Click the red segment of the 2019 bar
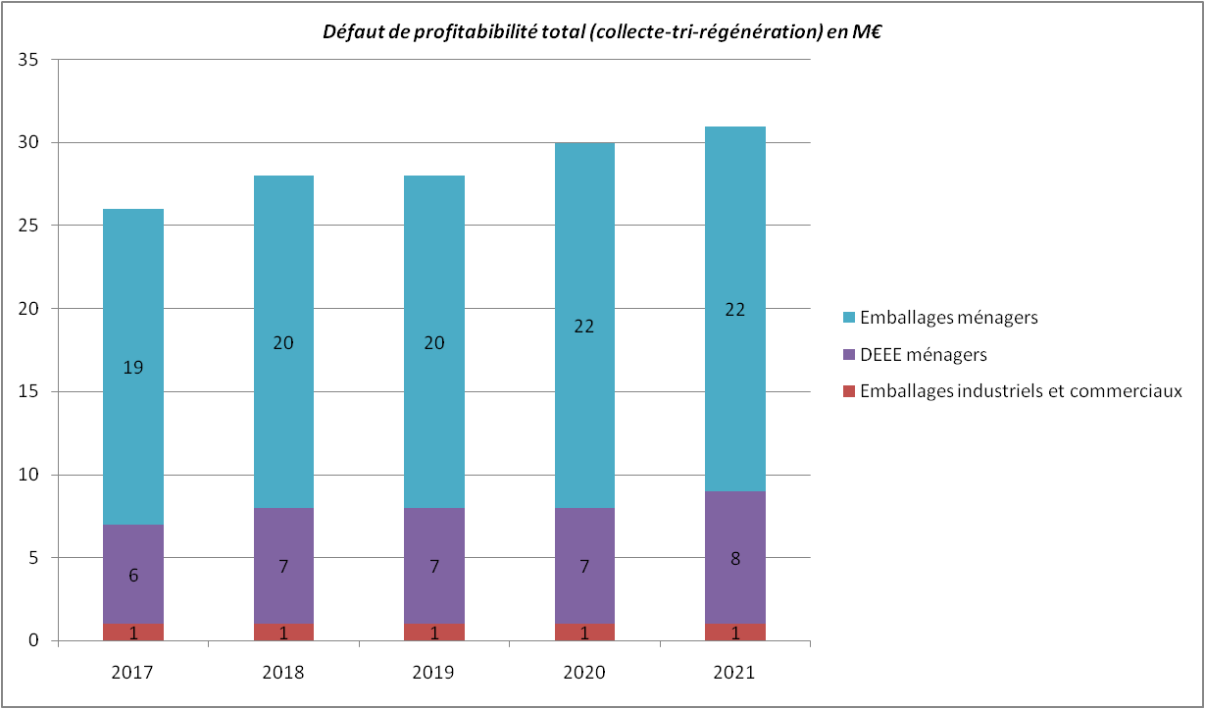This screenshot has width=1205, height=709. coord(434,633)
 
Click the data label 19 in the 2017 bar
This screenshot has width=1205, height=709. coord(133,368)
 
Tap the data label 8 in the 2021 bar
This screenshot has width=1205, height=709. coord(734,559)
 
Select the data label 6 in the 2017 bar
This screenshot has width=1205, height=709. coord(133,576)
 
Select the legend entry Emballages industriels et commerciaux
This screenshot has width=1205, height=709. coord(1021,391)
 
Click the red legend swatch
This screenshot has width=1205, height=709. coord(848,391)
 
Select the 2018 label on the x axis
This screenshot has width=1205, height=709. coord(283,673)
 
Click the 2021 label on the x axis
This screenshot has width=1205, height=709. coord(734,673)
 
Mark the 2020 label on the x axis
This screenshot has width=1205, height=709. coord(584,673)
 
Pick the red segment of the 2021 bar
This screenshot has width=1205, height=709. coord(734,633)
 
